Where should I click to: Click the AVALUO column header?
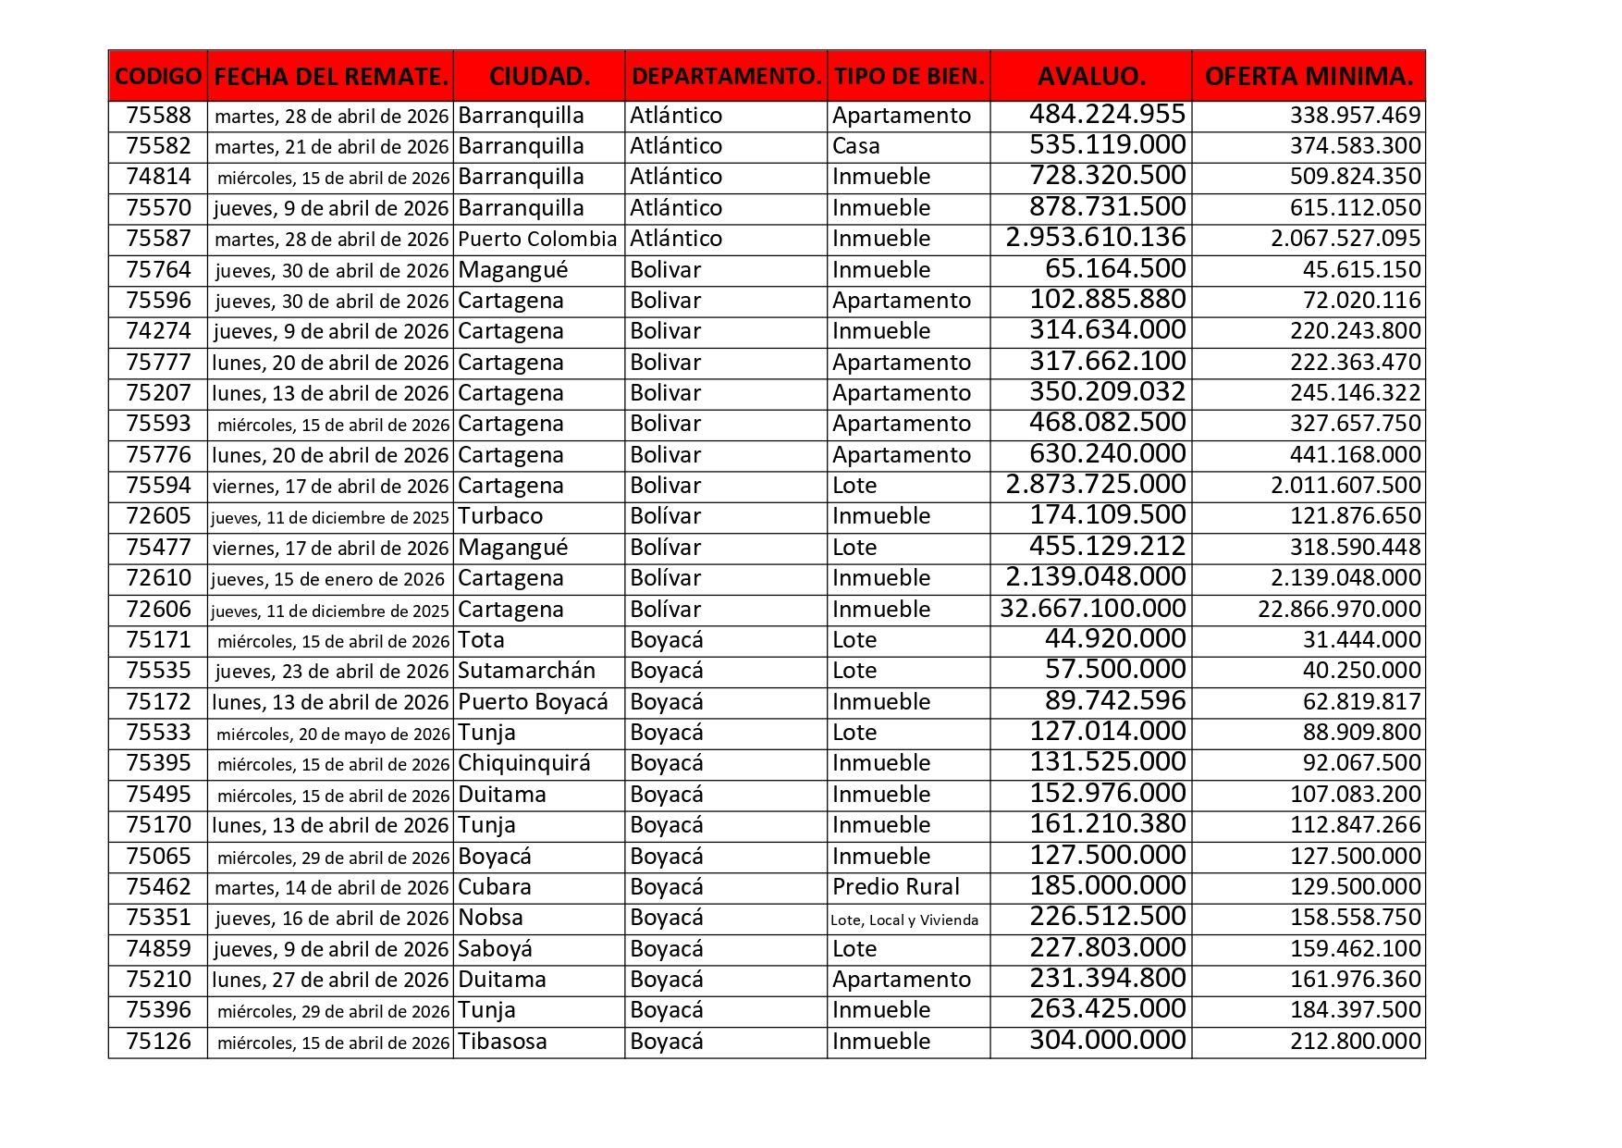pos(1091,76)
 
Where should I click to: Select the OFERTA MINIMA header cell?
pos(1309,76)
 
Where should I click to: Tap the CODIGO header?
pos(158,76)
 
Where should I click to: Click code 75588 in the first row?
pos(158,116)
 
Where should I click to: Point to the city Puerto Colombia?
pos(537,239)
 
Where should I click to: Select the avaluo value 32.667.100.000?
pos(1093,609)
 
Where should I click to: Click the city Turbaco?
pos(500,516)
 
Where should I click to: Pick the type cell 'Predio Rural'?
pos(895,887)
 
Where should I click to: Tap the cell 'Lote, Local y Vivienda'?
pos(904,920)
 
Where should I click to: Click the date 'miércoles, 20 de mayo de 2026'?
pos(333,734)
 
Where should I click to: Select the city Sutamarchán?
pos(526,671)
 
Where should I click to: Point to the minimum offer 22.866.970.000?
pos(1339,610)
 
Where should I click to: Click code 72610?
pos(158,578)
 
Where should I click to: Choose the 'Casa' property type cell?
pos(855,146)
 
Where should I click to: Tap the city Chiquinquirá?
pos(524,763)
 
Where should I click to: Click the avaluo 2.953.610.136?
pos(1095,238)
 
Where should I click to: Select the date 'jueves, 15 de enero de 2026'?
pos(327,580)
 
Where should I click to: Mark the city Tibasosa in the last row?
pos(502,1042)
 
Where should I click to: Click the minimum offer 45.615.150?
pos(1361,270)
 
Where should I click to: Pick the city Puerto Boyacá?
pos(533,702)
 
